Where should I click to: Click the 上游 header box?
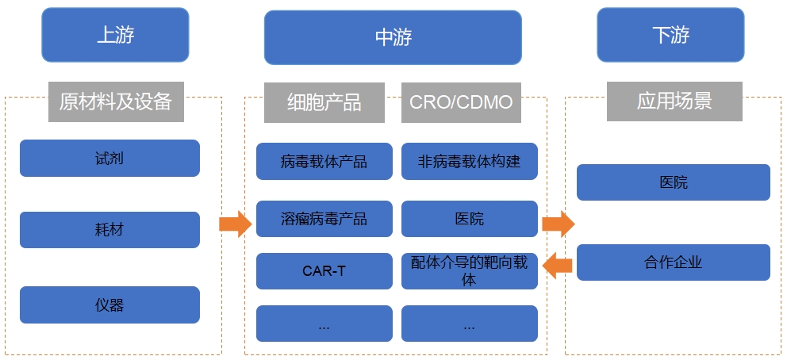(115, 35)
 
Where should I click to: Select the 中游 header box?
(393, 37)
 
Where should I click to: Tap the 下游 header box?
(670, 35)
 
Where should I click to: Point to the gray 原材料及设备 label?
(116, 101)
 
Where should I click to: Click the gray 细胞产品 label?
(324, 102)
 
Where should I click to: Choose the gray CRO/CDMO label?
(461, 102)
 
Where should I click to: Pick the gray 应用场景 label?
(674, 101)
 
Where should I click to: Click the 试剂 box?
(109, 158)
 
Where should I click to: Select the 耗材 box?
(109, 230)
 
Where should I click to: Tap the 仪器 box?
(109, 304)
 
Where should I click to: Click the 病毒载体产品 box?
(324, 162)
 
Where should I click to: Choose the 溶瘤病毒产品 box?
(324, 219)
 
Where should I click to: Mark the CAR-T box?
(324, 270)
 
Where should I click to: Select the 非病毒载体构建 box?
(469, 162)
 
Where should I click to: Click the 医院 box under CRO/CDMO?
(469, 219)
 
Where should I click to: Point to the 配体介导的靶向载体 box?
(469, 270)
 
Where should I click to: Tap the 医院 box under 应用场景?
(673, 182)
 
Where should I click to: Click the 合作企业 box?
(673, 262)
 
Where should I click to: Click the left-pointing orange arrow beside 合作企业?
(558, 263)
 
